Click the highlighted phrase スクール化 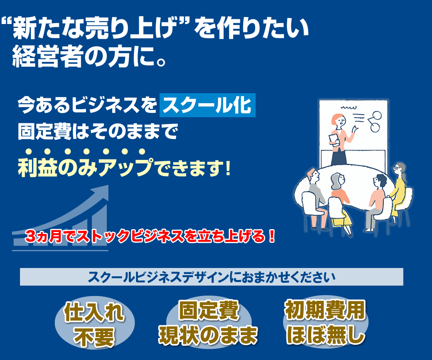pos(208,105)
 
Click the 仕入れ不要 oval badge pos(94,323)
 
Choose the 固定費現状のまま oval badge pos(208,322)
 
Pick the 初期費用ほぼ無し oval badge pos(325,322)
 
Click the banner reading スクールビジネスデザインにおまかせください pos(211,277)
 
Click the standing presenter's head pos(339,120)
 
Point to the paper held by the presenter pos(334,140)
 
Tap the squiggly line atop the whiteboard pos(348,108)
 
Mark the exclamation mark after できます pos(227,168)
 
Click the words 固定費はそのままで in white pos(98,132)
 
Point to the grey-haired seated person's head pos(337,180)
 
